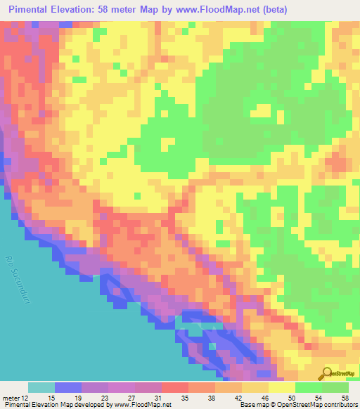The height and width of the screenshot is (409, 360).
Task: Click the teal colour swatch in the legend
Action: [x=41, y=388]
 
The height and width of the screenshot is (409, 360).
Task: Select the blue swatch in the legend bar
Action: [x=68, y=388]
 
